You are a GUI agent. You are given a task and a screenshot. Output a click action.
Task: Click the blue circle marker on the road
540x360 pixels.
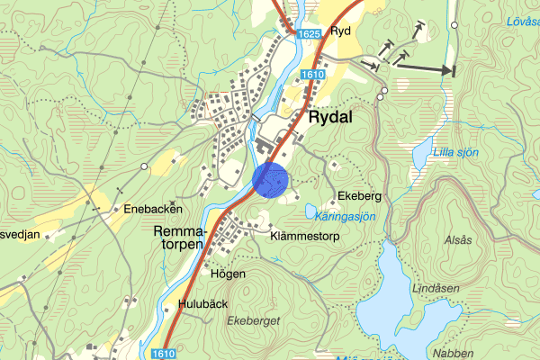[270, 179]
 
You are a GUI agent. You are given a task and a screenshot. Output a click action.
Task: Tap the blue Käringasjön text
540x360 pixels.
[346, 218]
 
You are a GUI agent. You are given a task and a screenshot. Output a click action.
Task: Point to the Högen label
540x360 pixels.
[228, 274]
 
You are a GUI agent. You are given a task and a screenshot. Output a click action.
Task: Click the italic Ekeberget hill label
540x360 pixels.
[255, 320]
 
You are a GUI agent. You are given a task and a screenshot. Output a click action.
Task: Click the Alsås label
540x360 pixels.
[458, 241]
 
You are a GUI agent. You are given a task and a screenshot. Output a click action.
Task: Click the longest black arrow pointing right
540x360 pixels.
[424, 67]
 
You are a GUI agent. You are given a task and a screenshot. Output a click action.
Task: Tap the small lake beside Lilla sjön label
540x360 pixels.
[421, 157]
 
